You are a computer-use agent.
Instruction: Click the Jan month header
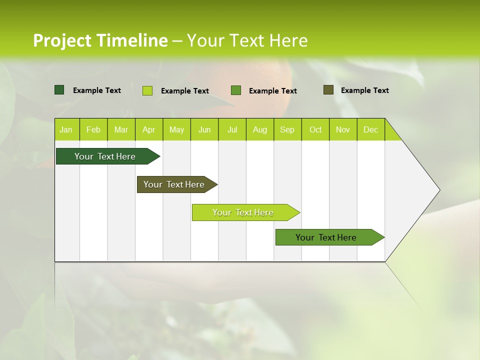click(66, 129)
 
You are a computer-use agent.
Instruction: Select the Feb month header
click(93, 129)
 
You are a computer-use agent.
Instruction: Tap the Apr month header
click(149, 129)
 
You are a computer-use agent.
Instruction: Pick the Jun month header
click(204, 129)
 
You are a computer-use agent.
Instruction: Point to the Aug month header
click(260, 129)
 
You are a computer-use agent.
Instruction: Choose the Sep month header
click(287, 129)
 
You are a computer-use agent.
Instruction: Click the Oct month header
click(315, 129)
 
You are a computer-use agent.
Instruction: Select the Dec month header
click(371, 129)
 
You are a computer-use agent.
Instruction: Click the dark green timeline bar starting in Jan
click(105, 156)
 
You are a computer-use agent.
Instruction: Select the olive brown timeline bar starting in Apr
click(174, 184)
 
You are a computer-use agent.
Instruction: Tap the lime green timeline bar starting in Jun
click(243, 212)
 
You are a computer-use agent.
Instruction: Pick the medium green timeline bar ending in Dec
click(326, 237)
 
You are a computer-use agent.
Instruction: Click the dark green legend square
click(59, 90)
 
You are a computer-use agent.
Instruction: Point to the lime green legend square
click(147, 90)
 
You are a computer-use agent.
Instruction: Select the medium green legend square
click(236, 90)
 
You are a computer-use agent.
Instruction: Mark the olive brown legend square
click(328, 90)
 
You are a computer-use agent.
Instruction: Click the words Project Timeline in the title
click(100, 40)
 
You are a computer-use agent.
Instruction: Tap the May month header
click(176, 129)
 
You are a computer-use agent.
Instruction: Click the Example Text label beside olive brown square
click(364, 90)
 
